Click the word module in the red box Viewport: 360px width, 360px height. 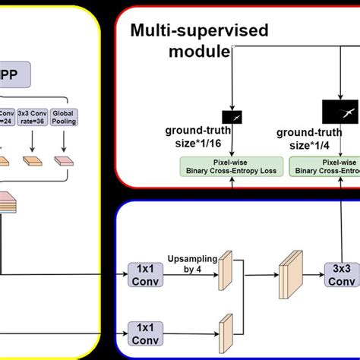pos(199,51)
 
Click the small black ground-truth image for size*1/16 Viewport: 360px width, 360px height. pos(232,117)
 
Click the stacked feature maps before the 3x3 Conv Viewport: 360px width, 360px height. pos(290,272)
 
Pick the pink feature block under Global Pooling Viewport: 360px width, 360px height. pos(64,161)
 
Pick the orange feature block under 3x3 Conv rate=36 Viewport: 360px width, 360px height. pos(34,161)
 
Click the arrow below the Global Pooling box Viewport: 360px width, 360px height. pos(64,141)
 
